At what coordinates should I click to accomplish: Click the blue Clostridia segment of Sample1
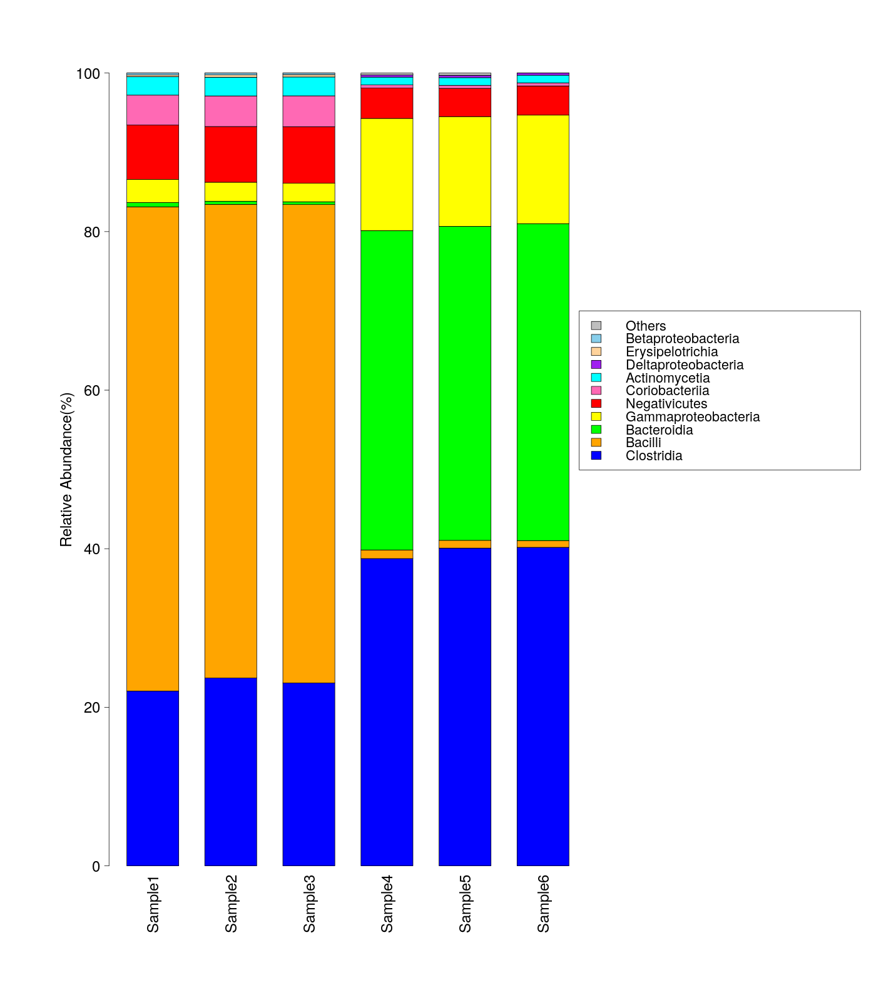point(153,778)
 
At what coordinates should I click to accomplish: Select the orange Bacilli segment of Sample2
point(231,441)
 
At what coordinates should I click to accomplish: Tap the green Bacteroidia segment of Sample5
point(465,383)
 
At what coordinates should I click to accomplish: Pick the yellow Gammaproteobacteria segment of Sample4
point(387,174)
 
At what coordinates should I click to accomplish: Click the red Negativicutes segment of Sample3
point(309,155)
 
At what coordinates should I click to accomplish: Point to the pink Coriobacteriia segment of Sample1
point(153,110)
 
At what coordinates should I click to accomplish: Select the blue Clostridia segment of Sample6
point(543,706)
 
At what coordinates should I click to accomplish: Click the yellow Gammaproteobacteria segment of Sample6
point(543,169)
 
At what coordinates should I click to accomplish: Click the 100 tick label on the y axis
point(88,74)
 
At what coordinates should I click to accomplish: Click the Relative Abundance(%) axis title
point(66,470)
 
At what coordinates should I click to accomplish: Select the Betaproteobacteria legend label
point(682,339)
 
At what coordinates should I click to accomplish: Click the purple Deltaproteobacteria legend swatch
point(596,364)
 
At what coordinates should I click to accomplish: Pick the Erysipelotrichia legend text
point(671,352)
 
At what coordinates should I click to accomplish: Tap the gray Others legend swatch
point(596,326)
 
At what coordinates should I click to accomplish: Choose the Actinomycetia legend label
point(668,378)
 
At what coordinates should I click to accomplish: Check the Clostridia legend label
point(654,456)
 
